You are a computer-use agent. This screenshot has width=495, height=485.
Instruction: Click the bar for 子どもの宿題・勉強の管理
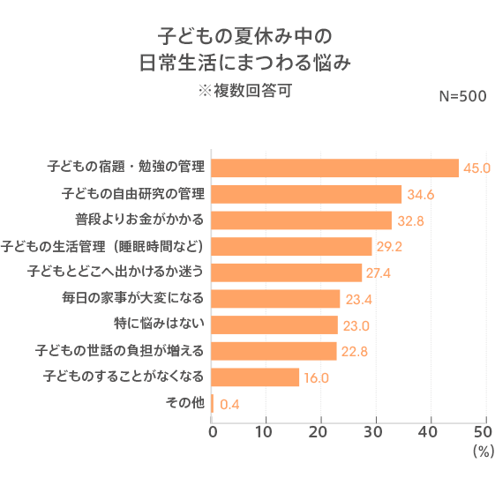[x=335, y=168]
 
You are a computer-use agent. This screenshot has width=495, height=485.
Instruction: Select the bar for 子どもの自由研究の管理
[x=307, y=194]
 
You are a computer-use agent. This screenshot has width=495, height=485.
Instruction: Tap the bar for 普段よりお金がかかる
[x=302, y=220]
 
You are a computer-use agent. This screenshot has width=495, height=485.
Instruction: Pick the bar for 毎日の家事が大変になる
[x=276, y=299]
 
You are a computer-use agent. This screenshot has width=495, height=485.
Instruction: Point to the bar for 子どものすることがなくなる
[x=256, y=377]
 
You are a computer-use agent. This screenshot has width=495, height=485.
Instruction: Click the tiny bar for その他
[x=213, y=404]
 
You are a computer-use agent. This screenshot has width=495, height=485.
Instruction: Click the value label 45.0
[x=476, y=168]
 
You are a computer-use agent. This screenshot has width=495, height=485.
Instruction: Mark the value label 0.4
[x=229, y=405]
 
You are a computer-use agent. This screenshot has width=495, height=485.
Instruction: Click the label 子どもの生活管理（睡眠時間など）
[x=103, y=245]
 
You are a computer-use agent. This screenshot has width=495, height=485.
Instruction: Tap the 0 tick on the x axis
[x=213, y=432]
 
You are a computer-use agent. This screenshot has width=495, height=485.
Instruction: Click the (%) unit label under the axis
[x=482, y=451]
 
